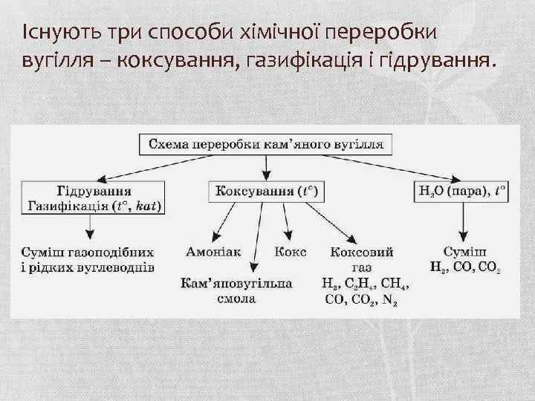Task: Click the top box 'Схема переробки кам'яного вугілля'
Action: point(266,145)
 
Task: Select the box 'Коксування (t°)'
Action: point(266,192)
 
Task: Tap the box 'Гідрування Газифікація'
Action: point(95,198)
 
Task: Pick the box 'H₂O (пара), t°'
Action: point(462,192)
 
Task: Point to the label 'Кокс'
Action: point(290,252)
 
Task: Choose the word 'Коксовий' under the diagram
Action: point(362,252)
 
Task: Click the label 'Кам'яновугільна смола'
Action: point(237,291)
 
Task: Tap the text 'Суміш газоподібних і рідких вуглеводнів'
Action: point(88,259)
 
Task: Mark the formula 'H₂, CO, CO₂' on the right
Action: point(464,266)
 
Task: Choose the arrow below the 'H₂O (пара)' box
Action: point(464,221)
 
